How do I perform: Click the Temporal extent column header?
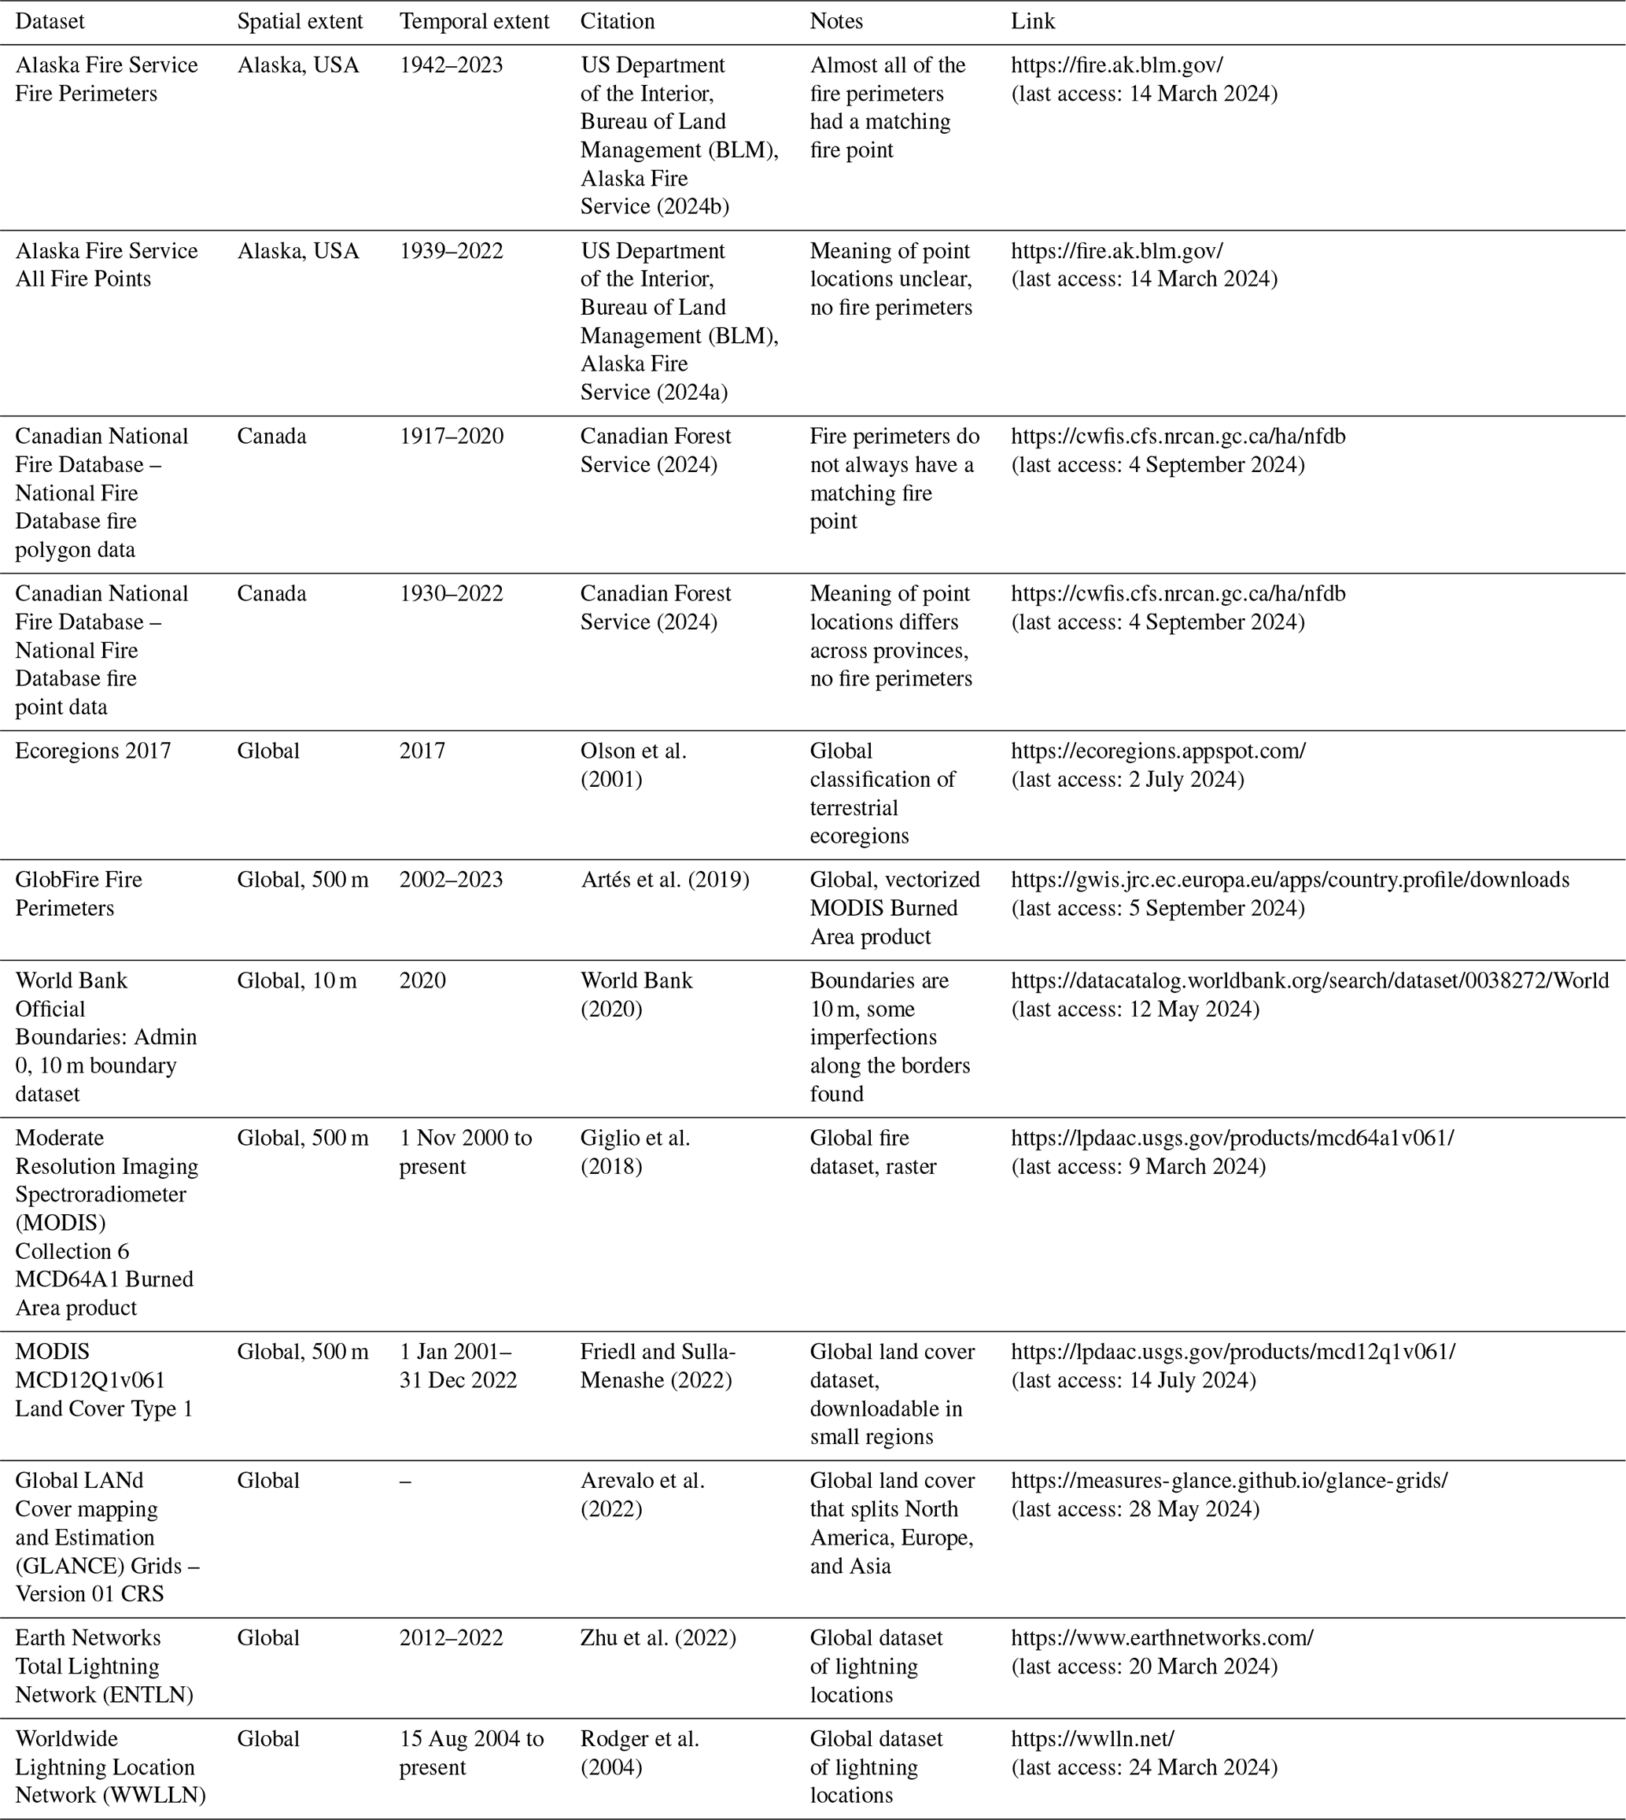click(474, 21)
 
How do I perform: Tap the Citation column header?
click(617, 21)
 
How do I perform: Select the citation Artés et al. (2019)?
click(664, 880)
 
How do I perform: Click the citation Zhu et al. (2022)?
click(658, 1637)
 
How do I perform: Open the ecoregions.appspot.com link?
click(1158, 751)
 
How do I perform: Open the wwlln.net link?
click(1092, 1739)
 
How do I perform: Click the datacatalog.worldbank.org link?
click(1310, 981)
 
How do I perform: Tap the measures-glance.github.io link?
click(1229, 1481)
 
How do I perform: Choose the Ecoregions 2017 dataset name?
click(93, 751)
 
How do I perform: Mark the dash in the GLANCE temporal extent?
click(406, 1482)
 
